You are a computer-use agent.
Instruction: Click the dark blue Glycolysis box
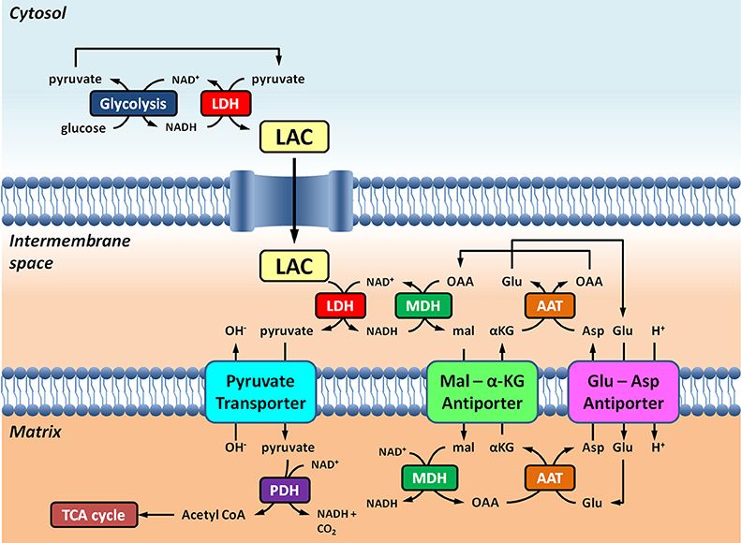click(135, 104)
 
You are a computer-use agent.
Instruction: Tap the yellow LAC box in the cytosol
click(292, 139)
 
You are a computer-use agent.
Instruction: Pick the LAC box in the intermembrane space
click(292, 267)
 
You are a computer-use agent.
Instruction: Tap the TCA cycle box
click(94, 514)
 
